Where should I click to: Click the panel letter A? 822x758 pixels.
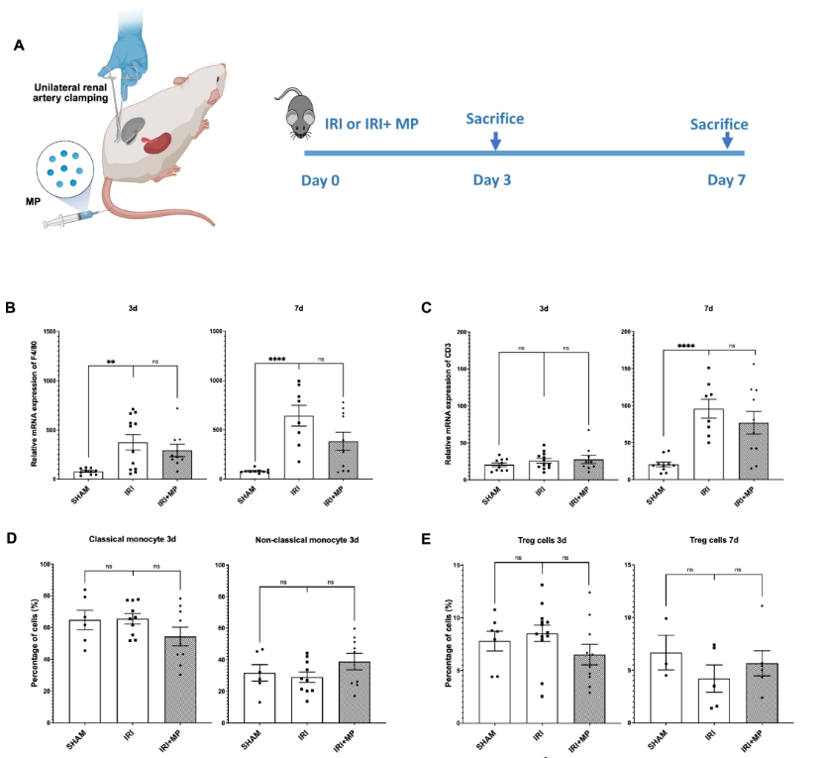tap(20, 47)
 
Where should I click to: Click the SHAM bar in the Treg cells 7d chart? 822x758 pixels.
tap(666, 688)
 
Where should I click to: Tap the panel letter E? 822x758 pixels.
tap(426, 540)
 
